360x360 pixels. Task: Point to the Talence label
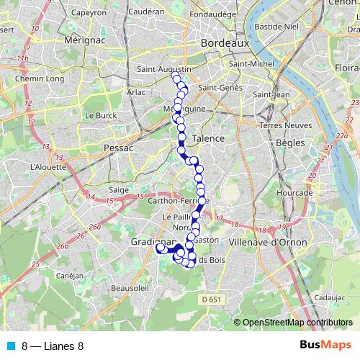(x=210, y=138)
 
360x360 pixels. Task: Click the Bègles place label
(x=289, y=143)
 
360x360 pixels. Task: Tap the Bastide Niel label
(x=274, y=27)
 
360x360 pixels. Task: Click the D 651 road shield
(x=212, y=298)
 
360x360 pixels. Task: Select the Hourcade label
(x=299, y=193)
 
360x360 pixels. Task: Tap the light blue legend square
(x=9, y=346)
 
